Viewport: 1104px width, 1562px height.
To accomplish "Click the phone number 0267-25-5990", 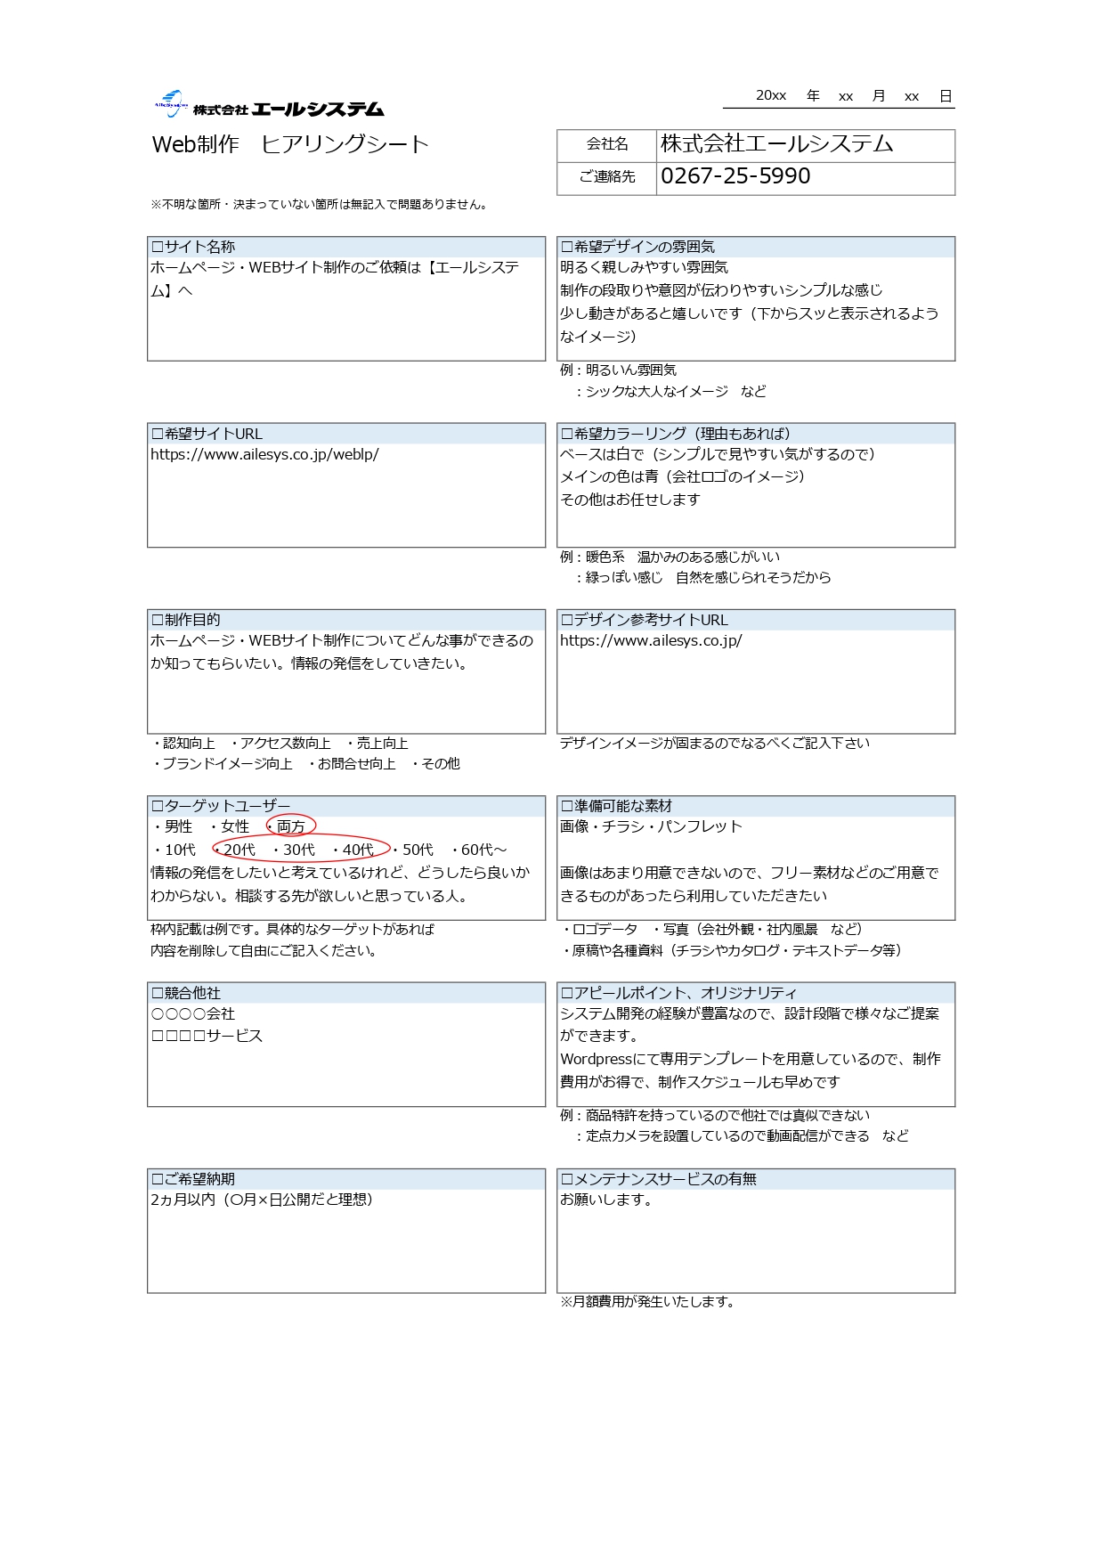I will [735, 176].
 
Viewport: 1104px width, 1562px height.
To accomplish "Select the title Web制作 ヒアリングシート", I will [290, 144].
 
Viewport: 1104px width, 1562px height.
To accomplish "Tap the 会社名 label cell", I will [607, 144].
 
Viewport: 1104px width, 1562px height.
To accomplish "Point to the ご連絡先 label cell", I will [607, 176].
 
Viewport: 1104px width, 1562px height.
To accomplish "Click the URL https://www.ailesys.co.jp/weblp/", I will [264, 454].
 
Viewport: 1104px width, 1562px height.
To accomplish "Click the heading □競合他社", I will [186, 993].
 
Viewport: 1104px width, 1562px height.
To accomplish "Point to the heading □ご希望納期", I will [193, 1179].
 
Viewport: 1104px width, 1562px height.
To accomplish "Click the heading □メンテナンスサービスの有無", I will [658, 1179].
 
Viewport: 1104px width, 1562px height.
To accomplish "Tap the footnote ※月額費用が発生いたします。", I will [648, 1301].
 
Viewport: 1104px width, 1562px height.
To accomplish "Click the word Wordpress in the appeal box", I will [597, 1059].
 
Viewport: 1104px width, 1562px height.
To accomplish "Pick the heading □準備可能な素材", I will [616, 806].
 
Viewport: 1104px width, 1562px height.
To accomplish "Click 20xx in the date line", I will [771, 95].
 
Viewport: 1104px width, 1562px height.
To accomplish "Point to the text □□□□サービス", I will [207, 1036].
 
